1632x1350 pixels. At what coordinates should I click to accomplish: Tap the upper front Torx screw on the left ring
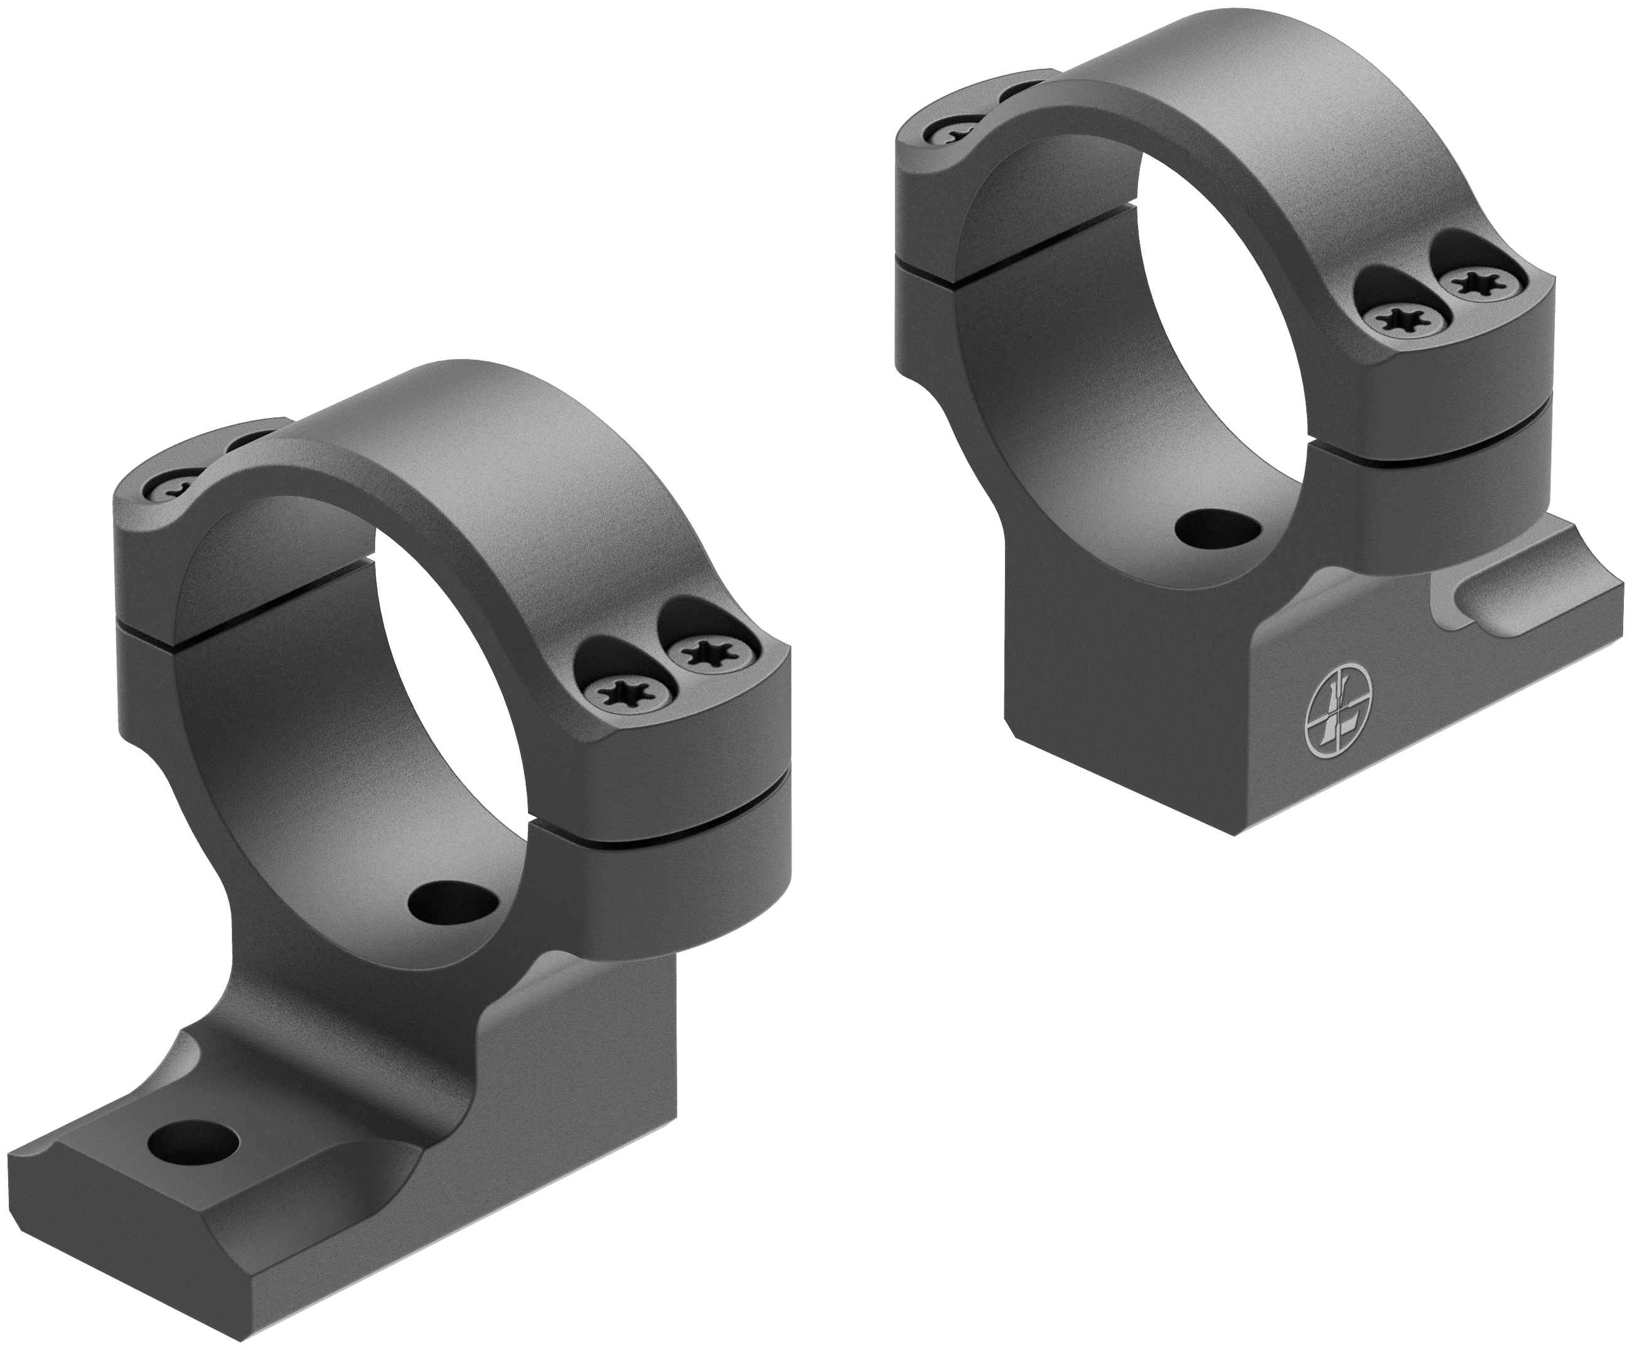(706, 651)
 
